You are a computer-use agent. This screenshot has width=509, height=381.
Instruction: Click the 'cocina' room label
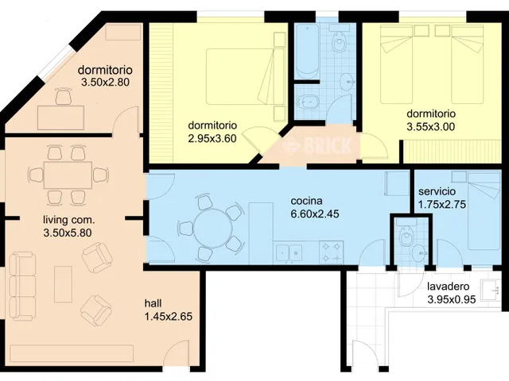pyautogui.click(x=306, y=201)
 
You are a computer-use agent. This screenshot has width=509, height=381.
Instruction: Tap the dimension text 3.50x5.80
pyautogui.click(x=68, y=233)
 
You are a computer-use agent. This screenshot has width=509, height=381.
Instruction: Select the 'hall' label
pyautogui.click(x=153, y=303)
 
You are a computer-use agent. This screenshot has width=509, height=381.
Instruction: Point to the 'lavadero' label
pyautogui.click(x=449, y=287)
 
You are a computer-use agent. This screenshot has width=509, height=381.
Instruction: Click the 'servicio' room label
pyautogui.click(x=437, y=191)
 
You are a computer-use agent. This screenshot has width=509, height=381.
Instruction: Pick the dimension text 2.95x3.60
pyautogui.click(x=212, y=138)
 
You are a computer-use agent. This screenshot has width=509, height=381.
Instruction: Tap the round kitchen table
pyautogui.click(x=212, y=229)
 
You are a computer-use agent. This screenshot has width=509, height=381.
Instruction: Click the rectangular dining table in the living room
pyautogui.click(x=68, y=175)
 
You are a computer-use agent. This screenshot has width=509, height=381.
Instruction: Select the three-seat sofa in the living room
pyautogui.click(x=23, y=287)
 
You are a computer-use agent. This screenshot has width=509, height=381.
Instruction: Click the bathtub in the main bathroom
pyautogui.click(x=307, y=51)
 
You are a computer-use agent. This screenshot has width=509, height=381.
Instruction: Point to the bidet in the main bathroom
pyautogui.click(x=306, y=103)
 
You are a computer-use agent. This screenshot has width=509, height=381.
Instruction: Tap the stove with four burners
pyautogui.click(x=331, y=252)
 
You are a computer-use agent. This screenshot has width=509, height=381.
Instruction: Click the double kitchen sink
pyautogui.click(x=289, y=253)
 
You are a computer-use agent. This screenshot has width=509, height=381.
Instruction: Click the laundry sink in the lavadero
pyautogui.click(x=491, y=290)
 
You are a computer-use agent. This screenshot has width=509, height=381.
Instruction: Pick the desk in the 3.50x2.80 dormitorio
pyautogui.click(x=61, y=118)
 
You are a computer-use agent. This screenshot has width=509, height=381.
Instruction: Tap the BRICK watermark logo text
pyautogui.click(x=328, y=145)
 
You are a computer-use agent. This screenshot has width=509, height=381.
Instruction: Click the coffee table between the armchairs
pyautogui.click(x=64, y=284)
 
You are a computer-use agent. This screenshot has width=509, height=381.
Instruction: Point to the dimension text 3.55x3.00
pyautogui.click(x=431, y=127)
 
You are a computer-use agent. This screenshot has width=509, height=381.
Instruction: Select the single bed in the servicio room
pyautogui.click(x=484, y=210)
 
